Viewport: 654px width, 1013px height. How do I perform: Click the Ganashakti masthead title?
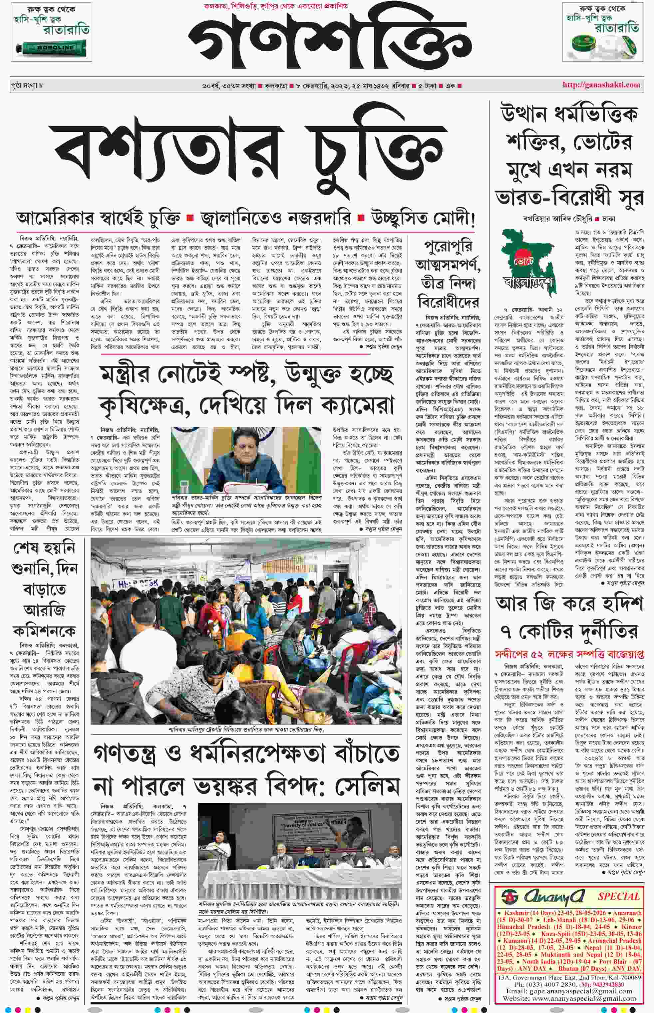pyautogui.click(x=329, y=43)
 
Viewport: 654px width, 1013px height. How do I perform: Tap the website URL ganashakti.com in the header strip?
pyautogui.click(x=601, y=85)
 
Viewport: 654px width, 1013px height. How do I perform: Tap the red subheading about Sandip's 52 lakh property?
pyautogui.click(x=569, y=654)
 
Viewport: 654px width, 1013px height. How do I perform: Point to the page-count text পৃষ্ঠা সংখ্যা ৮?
pyautogui.click(x=27, y=85)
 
